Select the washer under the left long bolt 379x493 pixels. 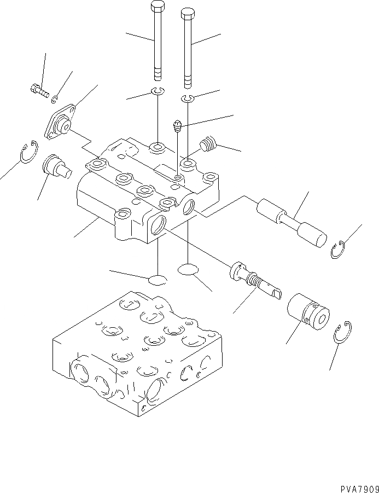click(x=158, y=91)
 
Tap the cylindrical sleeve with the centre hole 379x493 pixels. click(x=308, y=311)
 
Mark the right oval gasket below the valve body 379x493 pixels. click(x=188, y=269)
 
